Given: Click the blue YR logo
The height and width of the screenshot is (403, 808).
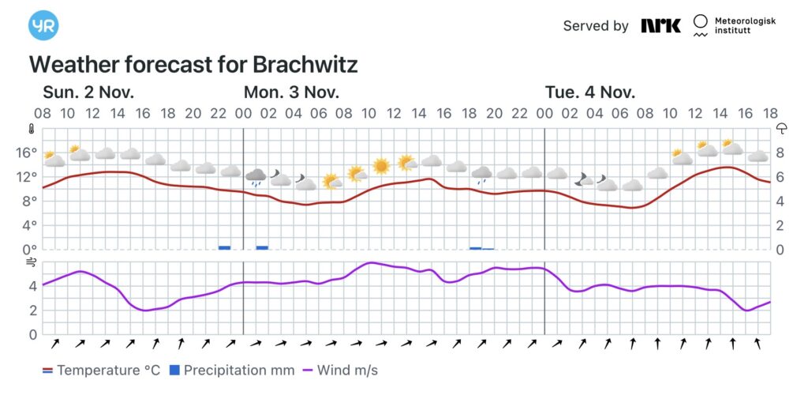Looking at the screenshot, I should [43, 26].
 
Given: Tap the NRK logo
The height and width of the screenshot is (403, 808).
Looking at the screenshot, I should [660, 26].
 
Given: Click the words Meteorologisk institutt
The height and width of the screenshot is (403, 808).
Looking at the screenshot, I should [744, 26].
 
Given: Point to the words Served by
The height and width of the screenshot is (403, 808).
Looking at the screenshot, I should [596, 26].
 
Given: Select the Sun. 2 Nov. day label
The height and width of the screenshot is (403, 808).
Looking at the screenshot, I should [88, 92].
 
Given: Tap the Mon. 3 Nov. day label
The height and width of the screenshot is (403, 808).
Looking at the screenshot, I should [291, 92].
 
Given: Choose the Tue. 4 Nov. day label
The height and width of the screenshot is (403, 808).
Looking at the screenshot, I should [589, 92].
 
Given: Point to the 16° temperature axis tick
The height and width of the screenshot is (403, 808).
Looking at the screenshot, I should [28, 152].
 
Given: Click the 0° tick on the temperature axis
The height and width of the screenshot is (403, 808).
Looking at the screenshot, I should [31, 250].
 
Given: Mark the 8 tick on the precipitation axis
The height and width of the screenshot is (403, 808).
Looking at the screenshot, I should [780, 152].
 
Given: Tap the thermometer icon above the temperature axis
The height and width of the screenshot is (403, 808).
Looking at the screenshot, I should [32, 129].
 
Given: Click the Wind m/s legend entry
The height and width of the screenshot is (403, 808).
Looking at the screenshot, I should [340, 370].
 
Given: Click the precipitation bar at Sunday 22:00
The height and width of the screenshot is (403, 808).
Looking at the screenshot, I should [224, 247].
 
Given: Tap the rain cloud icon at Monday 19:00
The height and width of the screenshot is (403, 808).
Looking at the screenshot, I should [481, 174].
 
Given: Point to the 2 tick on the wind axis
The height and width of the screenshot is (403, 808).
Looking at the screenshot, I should [32, 311].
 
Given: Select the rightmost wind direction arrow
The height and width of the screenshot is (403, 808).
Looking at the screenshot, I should [757, 343].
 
